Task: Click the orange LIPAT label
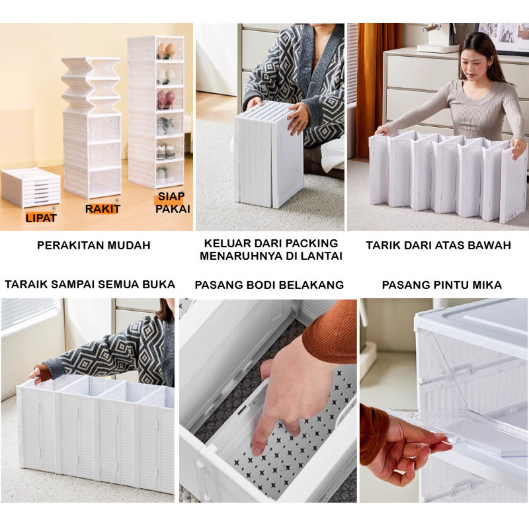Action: (41, 218)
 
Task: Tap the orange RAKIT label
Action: (102, 209)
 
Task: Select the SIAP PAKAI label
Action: (173, 202)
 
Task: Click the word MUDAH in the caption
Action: (132, 245)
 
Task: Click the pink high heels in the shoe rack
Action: (166, 99)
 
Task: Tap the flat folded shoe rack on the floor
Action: (31, 186)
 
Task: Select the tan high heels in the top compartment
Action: (166, 51)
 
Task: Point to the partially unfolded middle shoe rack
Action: (92, 128)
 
